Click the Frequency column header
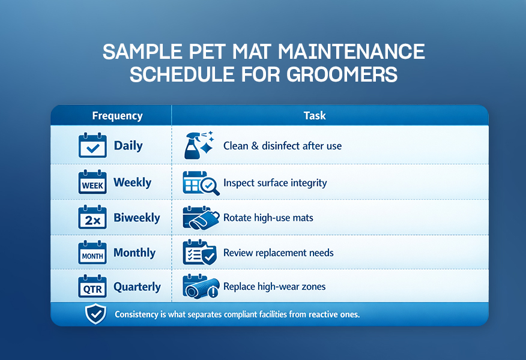(118, 116)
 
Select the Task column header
(315, 116)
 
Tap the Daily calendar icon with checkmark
(92, 145)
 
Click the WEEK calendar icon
(92, 182)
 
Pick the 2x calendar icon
(92, 217)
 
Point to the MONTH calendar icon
(92, 253)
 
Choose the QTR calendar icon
(92, 286)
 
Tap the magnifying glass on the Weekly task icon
(210, 186)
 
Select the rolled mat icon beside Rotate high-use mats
(201, 218)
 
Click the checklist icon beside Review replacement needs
(200, 253)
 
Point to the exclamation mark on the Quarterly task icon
(213, 293)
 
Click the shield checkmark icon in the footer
(95, 314)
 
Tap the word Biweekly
(137, 218)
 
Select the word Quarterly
(137, 287)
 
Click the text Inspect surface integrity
(275, 183)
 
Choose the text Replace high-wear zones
(274, 287)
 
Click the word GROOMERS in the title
(342, 74)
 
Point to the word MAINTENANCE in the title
(351, 52)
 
